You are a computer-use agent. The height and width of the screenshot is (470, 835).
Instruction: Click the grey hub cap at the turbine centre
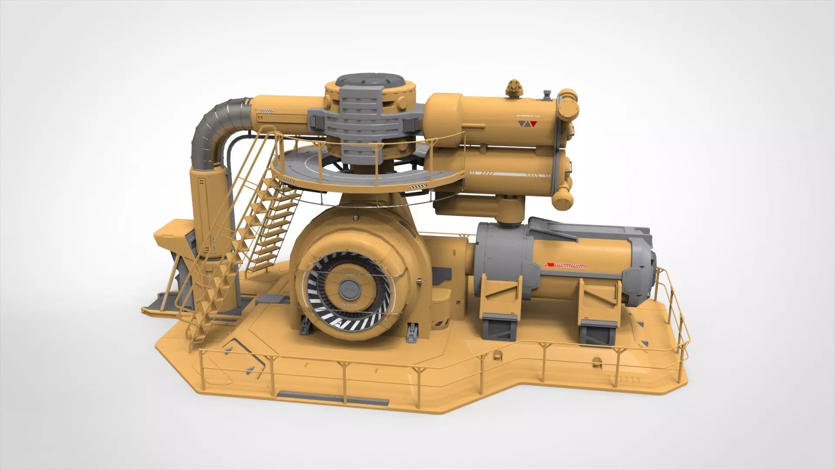click(x=347, y=287)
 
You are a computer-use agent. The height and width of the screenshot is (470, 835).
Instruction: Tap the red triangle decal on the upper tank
click(x=534, y=124)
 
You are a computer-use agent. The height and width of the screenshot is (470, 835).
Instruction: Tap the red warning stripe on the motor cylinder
click(x=565, y=265)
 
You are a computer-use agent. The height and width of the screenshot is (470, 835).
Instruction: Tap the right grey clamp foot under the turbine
click(x=411, y=332)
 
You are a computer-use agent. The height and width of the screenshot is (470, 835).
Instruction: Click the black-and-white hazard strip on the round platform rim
click(x=417, y=187)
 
